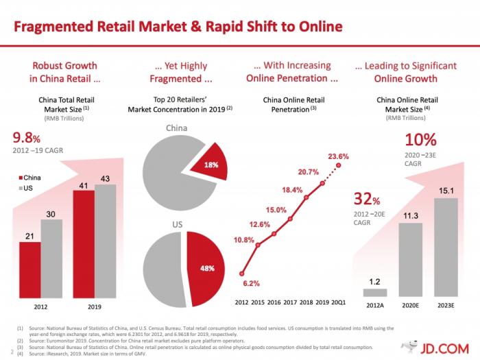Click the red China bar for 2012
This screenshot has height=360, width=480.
point(31,271)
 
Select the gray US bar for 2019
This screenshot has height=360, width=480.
point(105,243)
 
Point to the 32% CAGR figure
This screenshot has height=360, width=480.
point(366,200)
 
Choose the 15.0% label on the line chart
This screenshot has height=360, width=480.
point(278,209)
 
